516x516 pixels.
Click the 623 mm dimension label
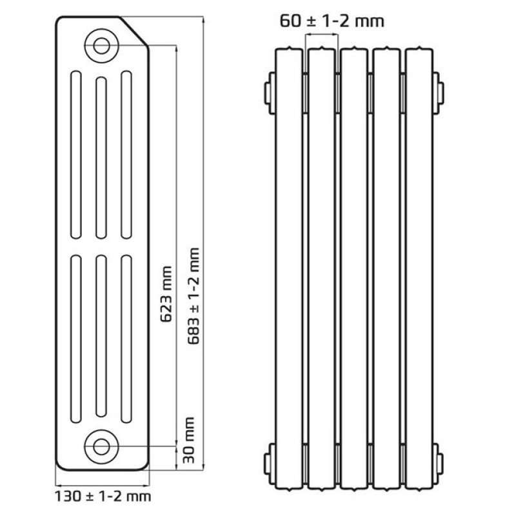[x=166, y=294]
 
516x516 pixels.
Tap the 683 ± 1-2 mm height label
[x=194, y=296]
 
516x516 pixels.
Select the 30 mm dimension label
[x=188, y=440]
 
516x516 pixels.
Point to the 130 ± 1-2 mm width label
[x=103, y=496]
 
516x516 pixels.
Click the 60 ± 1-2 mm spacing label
[x=332, y=21]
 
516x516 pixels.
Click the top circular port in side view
[x=101, y=45]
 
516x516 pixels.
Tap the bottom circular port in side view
[x=101, y=446]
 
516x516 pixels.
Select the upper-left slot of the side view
[x=76, y=155]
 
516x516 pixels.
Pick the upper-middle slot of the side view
[x=101, y=157]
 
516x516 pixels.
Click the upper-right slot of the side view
[x=126, y=155]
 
